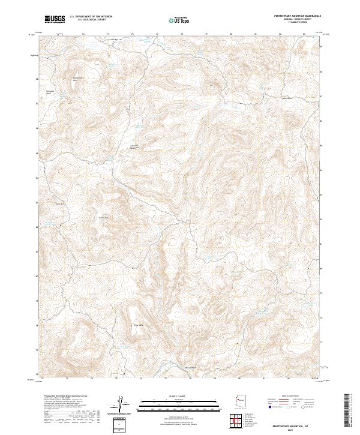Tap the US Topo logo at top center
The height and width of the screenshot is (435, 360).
pos(178,19)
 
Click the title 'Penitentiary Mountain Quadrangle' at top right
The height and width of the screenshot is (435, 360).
pos(298,16)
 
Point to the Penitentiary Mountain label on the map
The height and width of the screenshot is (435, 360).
pos(77,78)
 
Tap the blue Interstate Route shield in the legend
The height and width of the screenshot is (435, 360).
pos(268,406)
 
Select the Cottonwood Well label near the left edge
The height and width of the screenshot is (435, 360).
pos(51,92)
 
